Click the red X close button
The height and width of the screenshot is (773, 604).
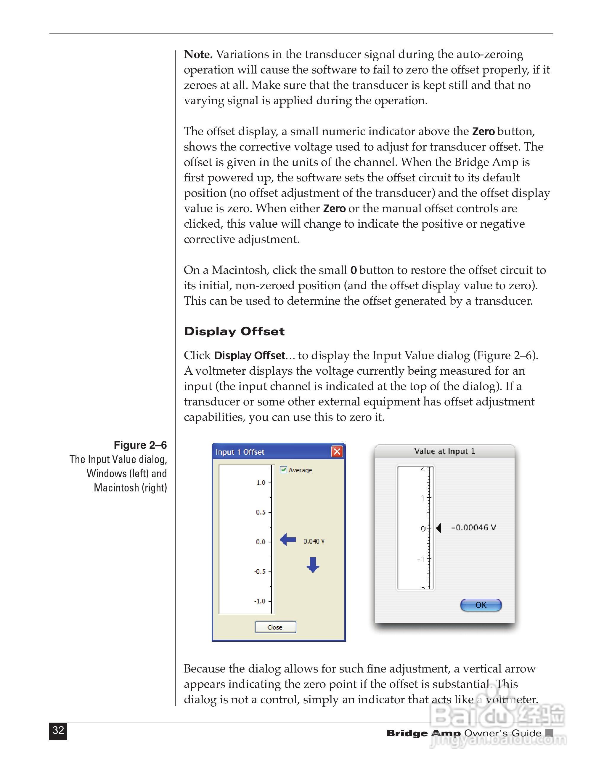pos(337,451)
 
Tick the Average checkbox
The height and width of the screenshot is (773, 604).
pos(283,470)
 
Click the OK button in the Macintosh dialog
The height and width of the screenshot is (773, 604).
pos(481,605)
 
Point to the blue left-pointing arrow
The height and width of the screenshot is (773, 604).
pos(288,540)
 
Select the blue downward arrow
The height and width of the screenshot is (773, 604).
pos(313,565)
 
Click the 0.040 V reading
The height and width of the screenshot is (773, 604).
pos(314,541)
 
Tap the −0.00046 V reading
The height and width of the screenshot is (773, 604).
pos(473,528)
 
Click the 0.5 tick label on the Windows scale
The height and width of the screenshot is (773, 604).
pos(261,512)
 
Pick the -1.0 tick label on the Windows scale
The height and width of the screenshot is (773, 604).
pos(260,601)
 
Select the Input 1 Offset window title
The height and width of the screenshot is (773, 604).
pos(240,452)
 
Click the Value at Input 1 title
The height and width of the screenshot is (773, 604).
pos(444,451)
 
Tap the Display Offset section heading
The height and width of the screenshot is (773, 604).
pos(234,332)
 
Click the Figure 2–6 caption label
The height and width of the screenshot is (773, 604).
pos(140,445)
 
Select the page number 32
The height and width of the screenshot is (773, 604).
pos(58,730)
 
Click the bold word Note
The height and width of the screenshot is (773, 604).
pos(198,55)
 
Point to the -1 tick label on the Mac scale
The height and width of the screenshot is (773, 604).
pos(421,560)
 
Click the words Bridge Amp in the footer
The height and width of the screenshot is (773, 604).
pos(423,733)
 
